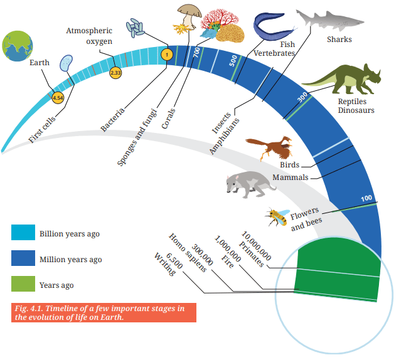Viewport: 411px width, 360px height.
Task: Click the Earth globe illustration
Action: click(18, 46)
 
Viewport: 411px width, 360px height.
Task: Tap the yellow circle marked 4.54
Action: click(58, 98)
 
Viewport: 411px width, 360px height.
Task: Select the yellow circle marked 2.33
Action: click(115, 72)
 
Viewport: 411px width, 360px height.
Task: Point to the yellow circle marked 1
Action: click(167, 55)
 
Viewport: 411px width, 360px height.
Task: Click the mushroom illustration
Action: click(189, 16)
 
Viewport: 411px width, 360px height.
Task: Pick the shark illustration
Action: click(329, 21)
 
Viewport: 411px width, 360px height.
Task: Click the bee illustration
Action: click(277, 217)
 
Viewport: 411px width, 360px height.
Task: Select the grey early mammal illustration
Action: click(250, 184)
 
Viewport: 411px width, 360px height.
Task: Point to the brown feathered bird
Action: click(270, 147)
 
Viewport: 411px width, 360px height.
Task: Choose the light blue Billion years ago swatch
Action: click(23, 232)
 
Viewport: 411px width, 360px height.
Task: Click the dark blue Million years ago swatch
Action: click(23, 258)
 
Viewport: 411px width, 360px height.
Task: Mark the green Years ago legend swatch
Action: click(23, 283)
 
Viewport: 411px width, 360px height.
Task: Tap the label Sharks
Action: click(339, 40)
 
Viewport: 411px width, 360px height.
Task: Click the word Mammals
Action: click(291, 177)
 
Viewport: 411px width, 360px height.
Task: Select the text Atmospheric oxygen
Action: click(89, 36)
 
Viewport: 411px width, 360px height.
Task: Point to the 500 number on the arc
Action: click(233, 61)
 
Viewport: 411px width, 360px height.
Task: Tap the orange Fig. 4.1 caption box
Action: click(104, 312)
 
